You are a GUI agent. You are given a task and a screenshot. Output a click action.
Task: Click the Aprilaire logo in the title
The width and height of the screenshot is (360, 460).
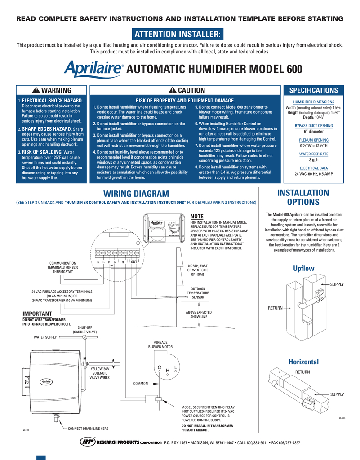93,69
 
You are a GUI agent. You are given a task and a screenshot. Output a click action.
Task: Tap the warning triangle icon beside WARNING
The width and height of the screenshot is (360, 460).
37,91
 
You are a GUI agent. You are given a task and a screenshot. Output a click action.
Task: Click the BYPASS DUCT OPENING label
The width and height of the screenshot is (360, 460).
313,125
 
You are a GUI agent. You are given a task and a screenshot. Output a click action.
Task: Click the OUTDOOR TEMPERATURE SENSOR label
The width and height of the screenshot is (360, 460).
198,292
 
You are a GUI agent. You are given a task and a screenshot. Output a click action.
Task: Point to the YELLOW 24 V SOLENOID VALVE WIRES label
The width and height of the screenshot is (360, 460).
100,373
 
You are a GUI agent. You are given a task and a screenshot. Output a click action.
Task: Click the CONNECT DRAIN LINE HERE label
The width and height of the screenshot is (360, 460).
88,429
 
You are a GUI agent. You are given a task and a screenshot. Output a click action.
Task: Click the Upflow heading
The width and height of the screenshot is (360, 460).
303,268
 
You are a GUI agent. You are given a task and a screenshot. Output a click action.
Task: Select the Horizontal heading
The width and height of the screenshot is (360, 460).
303,362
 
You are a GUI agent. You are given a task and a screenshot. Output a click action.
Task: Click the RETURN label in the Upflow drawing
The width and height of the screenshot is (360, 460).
276,308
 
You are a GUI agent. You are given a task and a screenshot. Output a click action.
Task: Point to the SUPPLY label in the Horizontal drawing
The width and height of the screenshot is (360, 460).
337,394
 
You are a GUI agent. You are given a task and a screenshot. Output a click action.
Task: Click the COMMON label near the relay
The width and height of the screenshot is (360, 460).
141,384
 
